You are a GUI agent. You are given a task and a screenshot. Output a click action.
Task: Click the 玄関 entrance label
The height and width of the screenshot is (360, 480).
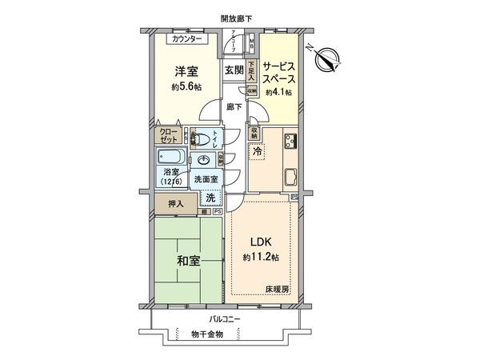point(233,70)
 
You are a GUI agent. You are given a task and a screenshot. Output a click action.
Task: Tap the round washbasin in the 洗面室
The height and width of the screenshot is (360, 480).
point(204,158)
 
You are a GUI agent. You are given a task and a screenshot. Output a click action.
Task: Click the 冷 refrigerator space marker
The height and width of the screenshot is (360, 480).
point(257,151)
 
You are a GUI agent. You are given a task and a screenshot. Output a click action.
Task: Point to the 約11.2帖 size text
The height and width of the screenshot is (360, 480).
point(262,258)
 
